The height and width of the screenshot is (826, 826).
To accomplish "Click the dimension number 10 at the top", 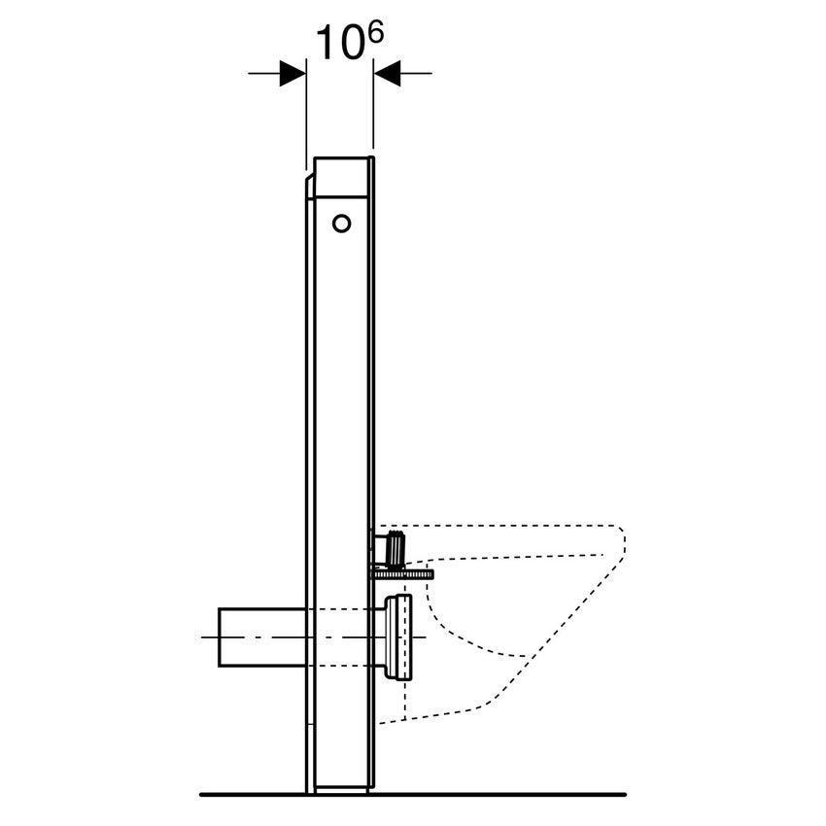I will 336,44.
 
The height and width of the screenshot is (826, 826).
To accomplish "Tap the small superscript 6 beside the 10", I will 374,33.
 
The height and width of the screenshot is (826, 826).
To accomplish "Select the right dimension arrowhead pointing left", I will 388,73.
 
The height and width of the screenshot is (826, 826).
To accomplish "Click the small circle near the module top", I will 341,224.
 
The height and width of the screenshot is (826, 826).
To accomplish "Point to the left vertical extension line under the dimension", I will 306,117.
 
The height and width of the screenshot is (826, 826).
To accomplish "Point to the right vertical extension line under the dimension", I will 373,117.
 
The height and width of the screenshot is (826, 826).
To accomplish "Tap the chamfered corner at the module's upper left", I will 309,183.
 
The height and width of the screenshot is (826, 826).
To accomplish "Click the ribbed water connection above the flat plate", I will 396,549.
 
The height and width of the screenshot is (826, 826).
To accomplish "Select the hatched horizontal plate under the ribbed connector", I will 400,574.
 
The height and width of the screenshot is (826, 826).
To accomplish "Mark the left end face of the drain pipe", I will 220,637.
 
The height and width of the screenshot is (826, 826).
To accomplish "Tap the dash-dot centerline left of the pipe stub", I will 209,637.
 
